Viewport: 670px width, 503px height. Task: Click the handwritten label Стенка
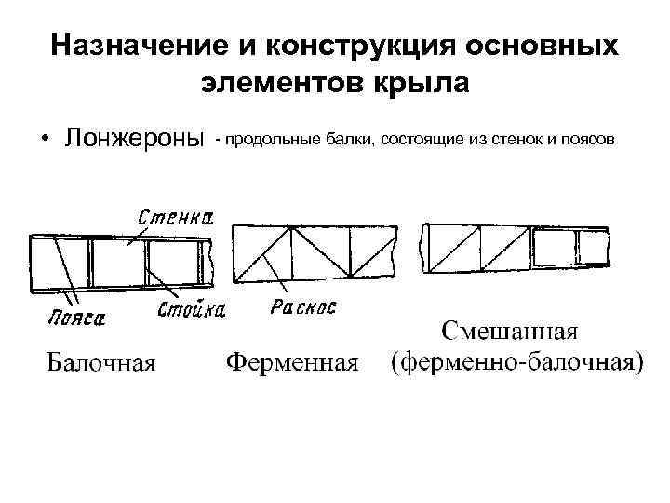176,217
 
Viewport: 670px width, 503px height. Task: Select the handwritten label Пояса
77,318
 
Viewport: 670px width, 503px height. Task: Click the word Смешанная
509,332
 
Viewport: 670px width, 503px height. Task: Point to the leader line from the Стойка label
165,283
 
